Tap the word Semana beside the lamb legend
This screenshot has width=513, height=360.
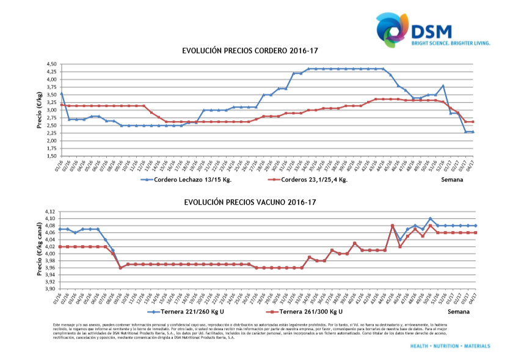pos(453,180)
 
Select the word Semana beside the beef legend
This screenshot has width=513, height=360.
pos(457,312)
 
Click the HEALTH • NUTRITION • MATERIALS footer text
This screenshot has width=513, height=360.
pos(450,346)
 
